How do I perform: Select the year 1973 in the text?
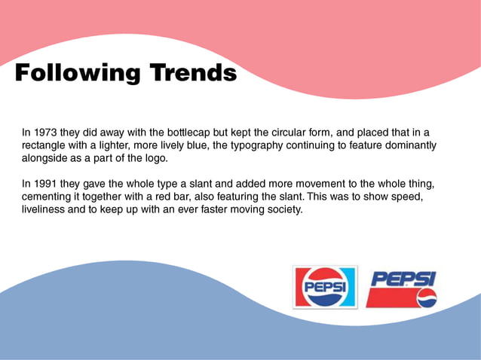click(47, 132)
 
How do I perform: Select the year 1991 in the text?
click(47, 184)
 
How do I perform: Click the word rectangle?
click(45, 145)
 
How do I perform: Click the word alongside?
click(47, 158)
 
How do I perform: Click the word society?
click(281, 210)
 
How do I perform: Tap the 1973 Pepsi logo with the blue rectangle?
click(325, 286)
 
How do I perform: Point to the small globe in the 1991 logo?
click(427, 298)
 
